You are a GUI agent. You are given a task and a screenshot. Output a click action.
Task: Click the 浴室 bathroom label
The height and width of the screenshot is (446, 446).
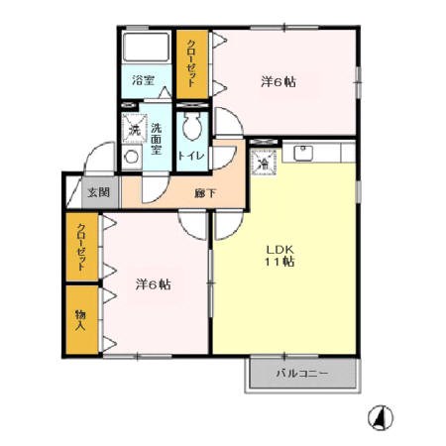(x=143, y=80)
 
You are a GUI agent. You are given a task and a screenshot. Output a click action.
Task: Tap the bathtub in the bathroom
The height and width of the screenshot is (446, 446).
(x=146, y=47)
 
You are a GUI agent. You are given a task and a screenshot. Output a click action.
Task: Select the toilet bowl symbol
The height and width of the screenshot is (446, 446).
(x=191, y=127)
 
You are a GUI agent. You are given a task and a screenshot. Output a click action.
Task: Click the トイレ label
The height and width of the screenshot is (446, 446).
(x=191, y=156)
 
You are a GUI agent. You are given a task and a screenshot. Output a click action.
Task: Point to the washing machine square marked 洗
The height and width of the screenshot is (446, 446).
(x=134, y=129)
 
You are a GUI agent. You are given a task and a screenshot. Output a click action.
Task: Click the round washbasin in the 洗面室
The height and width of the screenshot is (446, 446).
(x=131, y=158)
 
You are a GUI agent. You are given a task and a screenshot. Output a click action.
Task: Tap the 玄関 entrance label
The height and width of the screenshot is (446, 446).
(x=99, y=192)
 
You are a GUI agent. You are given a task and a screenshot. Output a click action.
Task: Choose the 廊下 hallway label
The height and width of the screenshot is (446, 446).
(x=205, y=193)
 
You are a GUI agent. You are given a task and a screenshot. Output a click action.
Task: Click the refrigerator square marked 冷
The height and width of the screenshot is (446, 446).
(x=264, y=162)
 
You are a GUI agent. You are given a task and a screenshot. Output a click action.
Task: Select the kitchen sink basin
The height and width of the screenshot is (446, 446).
(x=303, y=153)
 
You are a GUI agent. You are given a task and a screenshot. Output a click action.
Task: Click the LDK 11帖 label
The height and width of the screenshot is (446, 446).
(x=279, y=256)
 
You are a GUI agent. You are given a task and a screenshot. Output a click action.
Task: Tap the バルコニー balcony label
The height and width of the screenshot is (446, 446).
(x=302, y=374)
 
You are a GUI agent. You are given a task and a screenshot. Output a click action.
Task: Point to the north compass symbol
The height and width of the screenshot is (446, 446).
(x=381, y=418)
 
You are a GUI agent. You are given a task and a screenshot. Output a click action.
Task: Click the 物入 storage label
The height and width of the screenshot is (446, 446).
(x=80, y=320)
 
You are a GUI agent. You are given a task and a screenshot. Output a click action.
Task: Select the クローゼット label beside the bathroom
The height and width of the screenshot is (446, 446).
(x=191, y=63)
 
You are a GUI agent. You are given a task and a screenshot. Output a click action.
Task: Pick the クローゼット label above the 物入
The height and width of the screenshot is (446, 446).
(x=81, y=247)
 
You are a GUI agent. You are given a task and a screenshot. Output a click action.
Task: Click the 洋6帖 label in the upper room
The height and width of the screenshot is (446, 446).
(x=279, y=82)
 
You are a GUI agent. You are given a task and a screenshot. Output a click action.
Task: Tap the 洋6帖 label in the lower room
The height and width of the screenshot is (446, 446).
(x=153, y=284)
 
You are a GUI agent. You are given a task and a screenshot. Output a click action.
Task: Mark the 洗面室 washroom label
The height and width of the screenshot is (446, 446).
(x=157, y=139)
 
